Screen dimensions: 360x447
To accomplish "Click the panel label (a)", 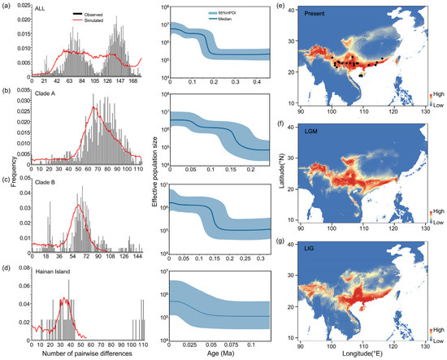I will coord(7,6).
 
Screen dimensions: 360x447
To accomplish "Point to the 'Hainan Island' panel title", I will coord(45,270).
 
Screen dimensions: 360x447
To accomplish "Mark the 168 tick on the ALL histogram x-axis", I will coord(133,81).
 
